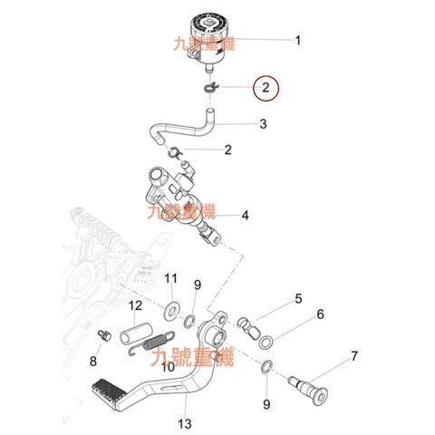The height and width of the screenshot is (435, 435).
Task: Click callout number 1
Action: pos(298,41)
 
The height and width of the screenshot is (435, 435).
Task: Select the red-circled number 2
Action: pos(266,88)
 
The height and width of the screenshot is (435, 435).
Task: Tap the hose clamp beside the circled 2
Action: pos(210,87)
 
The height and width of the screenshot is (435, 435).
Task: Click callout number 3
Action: pos(263,124)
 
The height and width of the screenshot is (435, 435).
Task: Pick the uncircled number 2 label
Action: pos(228,150)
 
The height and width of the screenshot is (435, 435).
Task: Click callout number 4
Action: pos(245,216)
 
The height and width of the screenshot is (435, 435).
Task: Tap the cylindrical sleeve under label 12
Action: pos(136,333)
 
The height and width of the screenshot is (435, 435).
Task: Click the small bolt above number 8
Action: pos(104,335)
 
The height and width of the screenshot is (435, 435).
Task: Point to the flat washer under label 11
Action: pos(171,310)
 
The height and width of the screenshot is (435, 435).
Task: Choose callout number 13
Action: pos(185,423)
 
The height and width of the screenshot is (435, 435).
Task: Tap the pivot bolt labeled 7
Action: pos(308,390)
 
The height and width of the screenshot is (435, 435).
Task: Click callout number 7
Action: pos(354,356)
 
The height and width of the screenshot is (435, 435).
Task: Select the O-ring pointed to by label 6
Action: pos(266,342)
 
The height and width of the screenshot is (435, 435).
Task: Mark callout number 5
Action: pos(298,298)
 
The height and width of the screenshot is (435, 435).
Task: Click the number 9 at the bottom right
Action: pos(266,404)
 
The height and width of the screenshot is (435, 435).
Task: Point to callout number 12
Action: pos(135,305)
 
